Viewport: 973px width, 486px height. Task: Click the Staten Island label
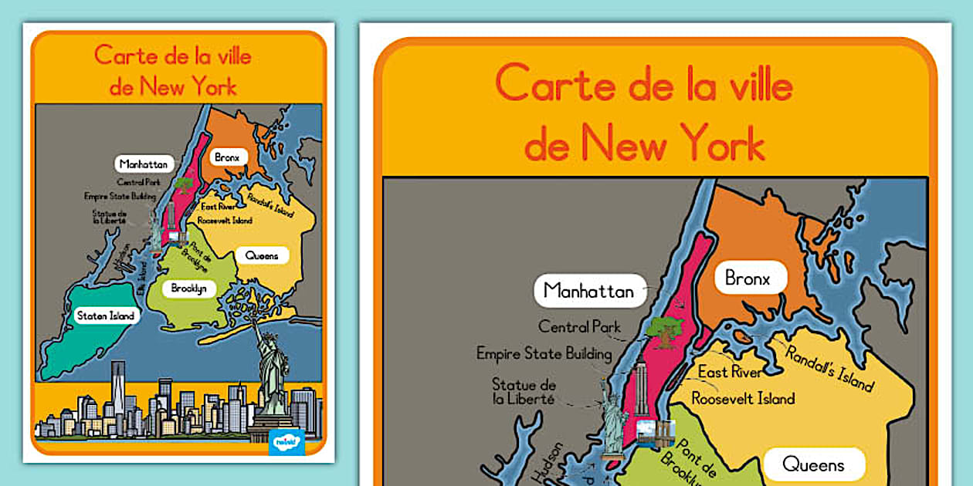pos(106,316)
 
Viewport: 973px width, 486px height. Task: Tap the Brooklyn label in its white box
pos(189,288)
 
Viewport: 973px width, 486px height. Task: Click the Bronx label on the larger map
pos(748,278)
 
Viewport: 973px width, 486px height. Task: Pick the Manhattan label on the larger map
pos(588,291)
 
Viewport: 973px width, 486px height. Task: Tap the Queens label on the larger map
pos(813,464)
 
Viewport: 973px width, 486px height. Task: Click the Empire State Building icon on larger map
pos(639,393)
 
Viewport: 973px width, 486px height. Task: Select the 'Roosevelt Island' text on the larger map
pos(742,399)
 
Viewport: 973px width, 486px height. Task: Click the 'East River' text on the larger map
pos(729,373)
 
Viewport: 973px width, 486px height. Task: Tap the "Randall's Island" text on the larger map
pos(830,366)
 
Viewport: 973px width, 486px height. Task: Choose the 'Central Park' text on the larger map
pos(579,327)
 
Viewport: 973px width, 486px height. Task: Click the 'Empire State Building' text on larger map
pos(544,354)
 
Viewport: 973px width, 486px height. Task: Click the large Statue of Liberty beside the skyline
pos(272,374)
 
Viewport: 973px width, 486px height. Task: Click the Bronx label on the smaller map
pos(227,157)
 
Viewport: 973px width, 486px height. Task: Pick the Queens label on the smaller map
pos(262,255)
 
